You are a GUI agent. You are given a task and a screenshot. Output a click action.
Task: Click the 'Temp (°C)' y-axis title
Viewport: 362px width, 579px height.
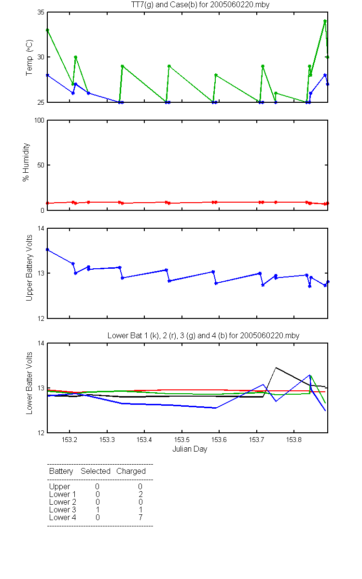coord(29,57)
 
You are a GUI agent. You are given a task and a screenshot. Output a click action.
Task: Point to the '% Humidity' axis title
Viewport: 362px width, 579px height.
coord(26,162)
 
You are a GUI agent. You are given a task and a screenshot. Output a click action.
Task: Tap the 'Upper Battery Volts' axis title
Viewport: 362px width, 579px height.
coord(29,268)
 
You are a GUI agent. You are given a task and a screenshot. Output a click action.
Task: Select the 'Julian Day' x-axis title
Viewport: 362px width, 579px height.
coord(190,449)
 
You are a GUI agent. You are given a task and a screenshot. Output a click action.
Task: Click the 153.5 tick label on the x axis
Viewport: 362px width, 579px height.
coord(182,440)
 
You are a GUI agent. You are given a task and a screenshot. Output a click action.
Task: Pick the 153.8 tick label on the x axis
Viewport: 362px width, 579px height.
coord(294,440)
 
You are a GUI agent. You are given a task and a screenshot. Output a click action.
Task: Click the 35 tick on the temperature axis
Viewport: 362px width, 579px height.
coord(41,13)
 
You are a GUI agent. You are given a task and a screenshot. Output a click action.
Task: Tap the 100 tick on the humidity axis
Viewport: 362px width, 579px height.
coord(39,121)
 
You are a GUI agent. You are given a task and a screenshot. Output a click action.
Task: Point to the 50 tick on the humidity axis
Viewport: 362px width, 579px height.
coord(41,165)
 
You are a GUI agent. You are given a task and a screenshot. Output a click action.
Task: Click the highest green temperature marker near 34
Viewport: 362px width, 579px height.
coord(325,21)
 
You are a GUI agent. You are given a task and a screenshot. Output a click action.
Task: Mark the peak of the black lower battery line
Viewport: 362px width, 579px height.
coord(276,367)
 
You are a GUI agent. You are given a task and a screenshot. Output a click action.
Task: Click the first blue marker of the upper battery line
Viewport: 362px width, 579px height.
coord(47,249)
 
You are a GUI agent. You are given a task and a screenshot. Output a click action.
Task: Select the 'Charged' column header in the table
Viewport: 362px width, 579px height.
coord(131,471)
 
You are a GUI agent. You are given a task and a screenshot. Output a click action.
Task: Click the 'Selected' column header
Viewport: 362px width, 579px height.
coord(96,471)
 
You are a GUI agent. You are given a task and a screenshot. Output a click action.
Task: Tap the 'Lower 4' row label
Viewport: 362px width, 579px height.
coord(63,517)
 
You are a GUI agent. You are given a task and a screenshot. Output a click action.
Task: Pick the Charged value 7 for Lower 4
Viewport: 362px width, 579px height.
coord(140,517)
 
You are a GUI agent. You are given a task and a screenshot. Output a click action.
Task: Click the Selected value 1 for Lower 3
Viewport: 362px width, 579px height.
coord(97,510)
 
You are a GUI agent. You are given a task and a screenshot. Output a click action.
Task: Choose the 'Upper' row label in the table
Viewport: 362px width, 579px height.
coord(59,487)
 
